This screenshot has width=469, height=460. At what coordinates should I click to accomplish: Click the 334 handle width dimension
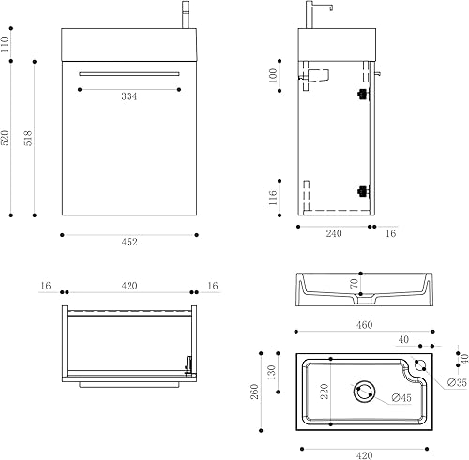point(129,96)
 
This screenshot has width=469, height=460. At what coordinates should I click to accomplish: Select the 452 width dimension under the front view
point(129,243)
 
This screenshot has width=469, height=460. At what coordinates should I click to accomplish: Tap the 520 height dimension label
point(7,138)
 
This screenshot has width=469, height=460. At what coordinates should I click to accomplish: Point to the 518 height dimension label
point(29,138)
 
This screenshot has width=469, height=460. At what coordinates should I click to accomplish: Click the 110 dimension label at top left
point(7,43)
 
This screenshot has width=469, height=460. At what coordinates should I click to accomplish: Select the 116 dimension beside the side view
point(274,198)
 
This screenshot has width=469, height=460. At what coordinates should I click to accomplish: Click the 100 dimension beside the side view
point(274,76)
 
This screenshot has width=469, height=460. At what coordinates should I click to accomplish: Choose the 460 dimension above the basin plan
point(364,324)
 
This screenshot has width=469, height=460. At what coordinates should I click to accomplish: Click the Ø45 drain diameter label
point(401,398)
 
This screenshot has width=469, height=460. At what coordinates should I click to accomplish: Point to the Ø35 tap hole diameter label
point(457,383)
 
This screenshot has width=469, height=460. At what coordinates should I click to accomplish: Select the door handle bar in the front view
point(129,72)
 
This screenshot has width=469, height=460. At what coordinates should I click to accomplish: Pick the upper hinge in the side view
point(360,94)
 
